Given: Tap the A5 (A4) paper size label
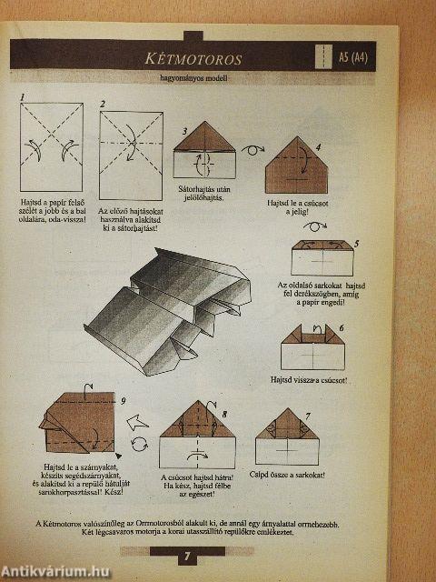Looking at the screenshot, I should (360, 59).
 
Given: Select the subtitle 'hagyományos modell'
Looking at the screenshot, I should (192, 79).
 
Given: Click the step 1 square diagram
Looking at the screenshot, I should (52, 146).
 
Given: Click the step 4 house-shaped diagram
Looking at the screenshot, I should (296, 166).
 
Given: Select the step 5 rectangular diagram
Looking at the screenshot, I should (322, 259).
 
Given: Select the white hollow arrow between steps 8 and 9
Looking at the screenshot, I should (138, 420).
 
